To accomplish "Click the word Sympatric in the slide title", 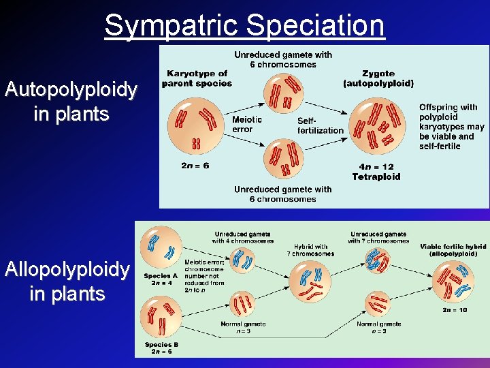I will click(x=172, y=26).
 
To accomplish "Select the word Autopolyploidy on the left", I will click(x=71, y=89).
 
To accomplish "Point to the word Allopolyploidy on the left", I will click(x=67, y=270).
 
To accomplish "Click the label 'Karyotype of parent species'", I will click(x=197, y=78).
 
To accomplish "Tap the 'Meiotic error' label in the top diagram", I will click(x=246, y=124).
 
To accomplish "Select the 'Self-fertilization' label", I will click(x=320, y=125).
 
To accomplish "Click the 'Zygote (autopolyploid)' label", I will click(x=378, y=78).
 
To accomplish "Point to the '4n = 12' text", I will click(x=376, y=167).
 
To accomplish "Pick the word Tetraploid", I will click(x=376, y=177).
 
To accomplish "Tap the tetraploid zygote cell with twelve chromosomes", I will click(x=375, y=127).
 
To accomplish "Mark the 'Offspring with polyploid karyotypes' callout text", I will click(x=452, y=127).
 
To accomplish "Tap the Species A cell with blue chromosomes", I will click(x=160, y=245).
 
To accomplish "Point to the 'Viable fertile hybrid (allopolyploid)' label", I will click(x=453, y=250).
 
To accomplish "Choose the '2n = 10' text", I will click(x=455, y=310).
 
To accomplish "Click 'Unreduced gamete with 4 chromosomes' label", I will click(x=243, y=237).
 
